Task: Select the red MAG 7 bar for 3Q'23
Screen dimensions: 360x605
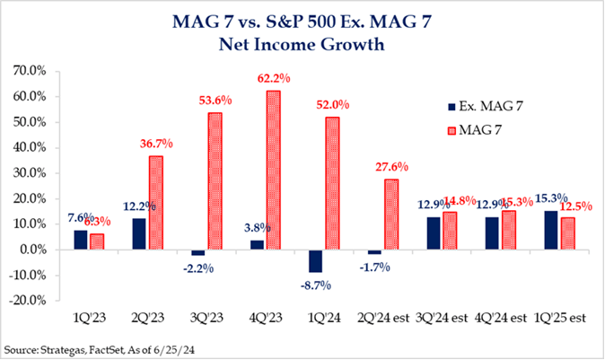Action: (x=215, y=180)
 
